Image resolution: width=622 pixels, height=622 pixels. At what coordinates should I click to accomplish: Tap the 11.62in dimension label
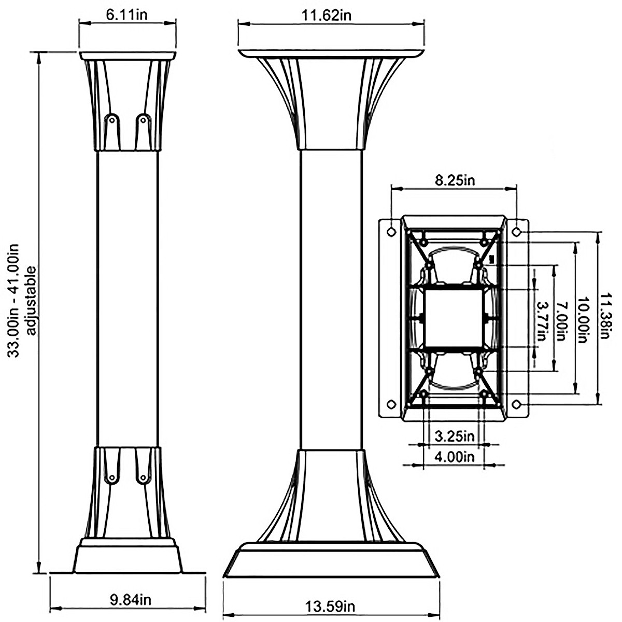click(327, 15)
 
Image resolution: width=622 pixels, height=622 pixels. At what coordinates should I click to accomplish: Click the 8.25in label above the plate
click(455, 180)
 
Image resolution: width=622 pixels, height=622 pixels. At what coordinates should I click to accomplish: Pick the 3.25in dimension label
click(455, 436)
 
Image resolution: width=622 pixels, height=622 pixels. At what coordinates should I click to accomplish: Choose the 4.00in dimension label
click(455, 457)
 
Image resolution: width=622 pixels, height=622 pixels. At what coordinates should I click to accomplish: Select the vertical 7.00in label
click(562, 318)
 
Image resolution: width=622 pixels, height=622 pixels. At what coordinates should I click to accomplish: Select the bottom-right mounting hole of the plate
click(517, 404)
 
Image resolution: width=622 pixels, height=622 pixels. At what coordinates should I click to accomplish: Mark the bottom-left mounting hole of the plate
click(392, 404)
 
